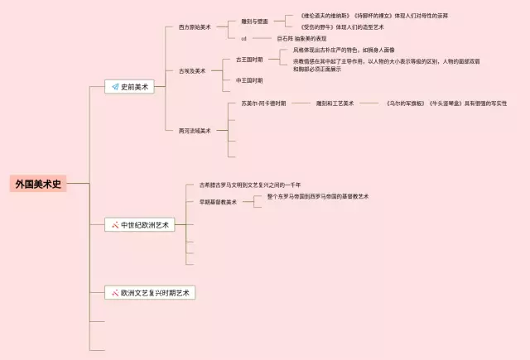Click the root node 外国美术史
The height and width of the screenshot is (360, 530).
38,184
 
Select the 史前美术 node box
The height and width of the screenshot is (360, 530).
132,86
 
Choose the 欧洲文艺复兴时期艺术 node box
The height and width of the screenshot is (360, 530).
150,292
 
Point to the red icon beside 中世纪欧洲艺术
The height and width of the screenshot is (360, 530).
115,224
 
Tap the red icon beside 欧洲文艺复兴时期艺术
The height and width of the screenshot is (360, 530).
115,292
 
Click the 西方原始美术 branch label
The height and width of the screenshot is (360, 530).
194,27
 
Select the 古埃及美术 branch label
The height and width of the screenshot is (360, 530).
191,71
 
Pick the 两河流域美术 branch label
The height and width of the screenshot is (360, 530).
194,130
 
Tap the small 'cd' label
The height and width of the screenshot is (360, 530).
243,39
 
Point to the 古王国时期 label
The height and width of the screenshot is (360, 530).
249,60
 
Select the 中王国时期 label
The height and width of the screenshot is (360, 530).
249,80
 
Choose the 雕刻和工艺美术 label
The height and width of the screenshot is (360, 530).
335,103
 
